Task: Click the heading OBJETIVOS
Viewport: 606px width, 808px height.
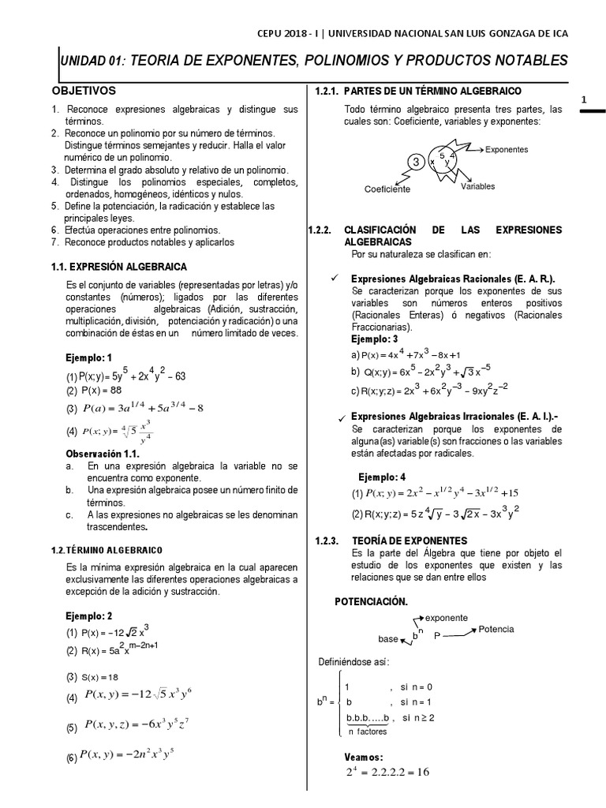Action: tap(84, 92)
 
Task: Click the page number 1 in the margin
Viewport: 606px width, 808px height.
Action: tap(583, 99)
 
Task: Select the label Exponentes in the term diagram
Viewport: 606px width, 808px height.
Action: tap(507, 149)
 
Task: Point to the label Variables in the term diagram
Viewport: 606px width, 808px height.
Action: tap(477, 186)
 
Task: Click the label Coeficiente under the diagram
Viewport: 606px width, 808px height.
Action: tap(387, 189)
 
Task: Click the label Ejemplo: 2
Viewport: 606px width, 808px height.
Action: tap(90, 615)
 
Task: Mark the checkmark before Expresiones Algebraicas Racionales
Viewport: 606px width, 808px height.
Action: tap(335, 279)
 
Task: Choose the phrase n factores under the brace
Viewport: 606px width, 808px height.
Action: tap(367, 731)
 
